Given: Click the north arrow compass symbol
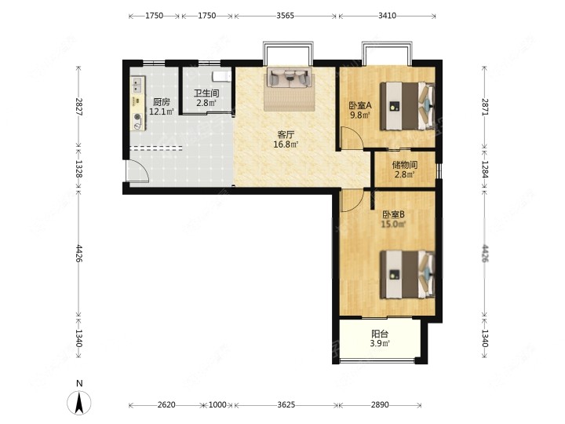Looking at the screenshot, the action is pos(79,402).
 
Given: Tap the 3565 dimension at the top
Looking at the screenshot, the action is pos(286,16).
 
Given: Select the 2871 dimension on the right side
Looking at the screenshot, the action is pos(485,107).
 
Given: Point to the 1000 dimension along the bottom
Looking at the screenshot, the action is pos(217,405).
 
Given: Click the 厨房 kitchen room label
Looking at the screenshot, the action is pos(162,102).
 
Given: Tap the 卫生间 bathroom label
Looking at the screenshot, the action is pos(206,93).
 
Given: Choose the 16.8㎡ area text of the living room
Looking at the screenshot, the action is pos(286,144).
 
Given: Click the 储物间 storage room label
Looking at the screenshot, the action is pos(405,165).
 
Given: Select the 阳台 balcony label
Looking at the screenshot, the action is pos(380,334).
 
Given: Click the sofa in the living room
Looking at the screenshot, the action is pos(289,78).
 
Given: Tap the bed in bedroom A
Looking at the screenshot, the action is pos(407,106).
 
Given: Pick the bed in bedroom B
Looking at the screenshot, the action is pos(407,275).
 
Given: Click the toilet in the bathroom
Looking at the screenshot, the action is pos(221,76).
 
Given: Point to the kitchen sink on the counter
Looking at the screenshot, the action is pos(137,84).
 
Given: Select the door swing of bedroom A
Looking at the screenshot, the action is pos(352,138).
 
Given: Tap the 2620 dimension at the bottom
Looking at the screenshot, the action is pos(166,405).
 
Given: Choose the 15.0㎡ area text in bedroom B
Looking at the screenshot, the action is pos(393,225).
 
